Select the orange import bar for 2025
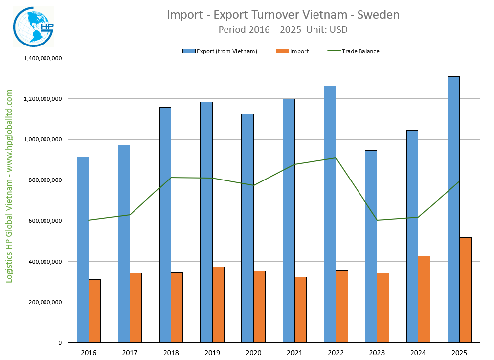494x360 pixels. [465, 290]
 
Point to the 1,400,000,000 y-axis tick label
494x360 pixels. [43, 58]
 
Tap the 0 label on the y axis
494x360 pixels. [59, 342]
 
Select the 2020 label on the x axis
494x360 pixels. [253, 353]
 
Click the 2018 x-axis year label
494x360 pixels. [171, 353]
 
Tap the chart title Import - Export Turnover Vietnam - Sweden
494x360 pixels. [283, 15]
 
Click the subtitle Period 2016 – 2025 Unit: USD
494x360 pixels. [283, 29]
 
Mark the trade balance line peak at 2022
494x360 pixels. [336, 158]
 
